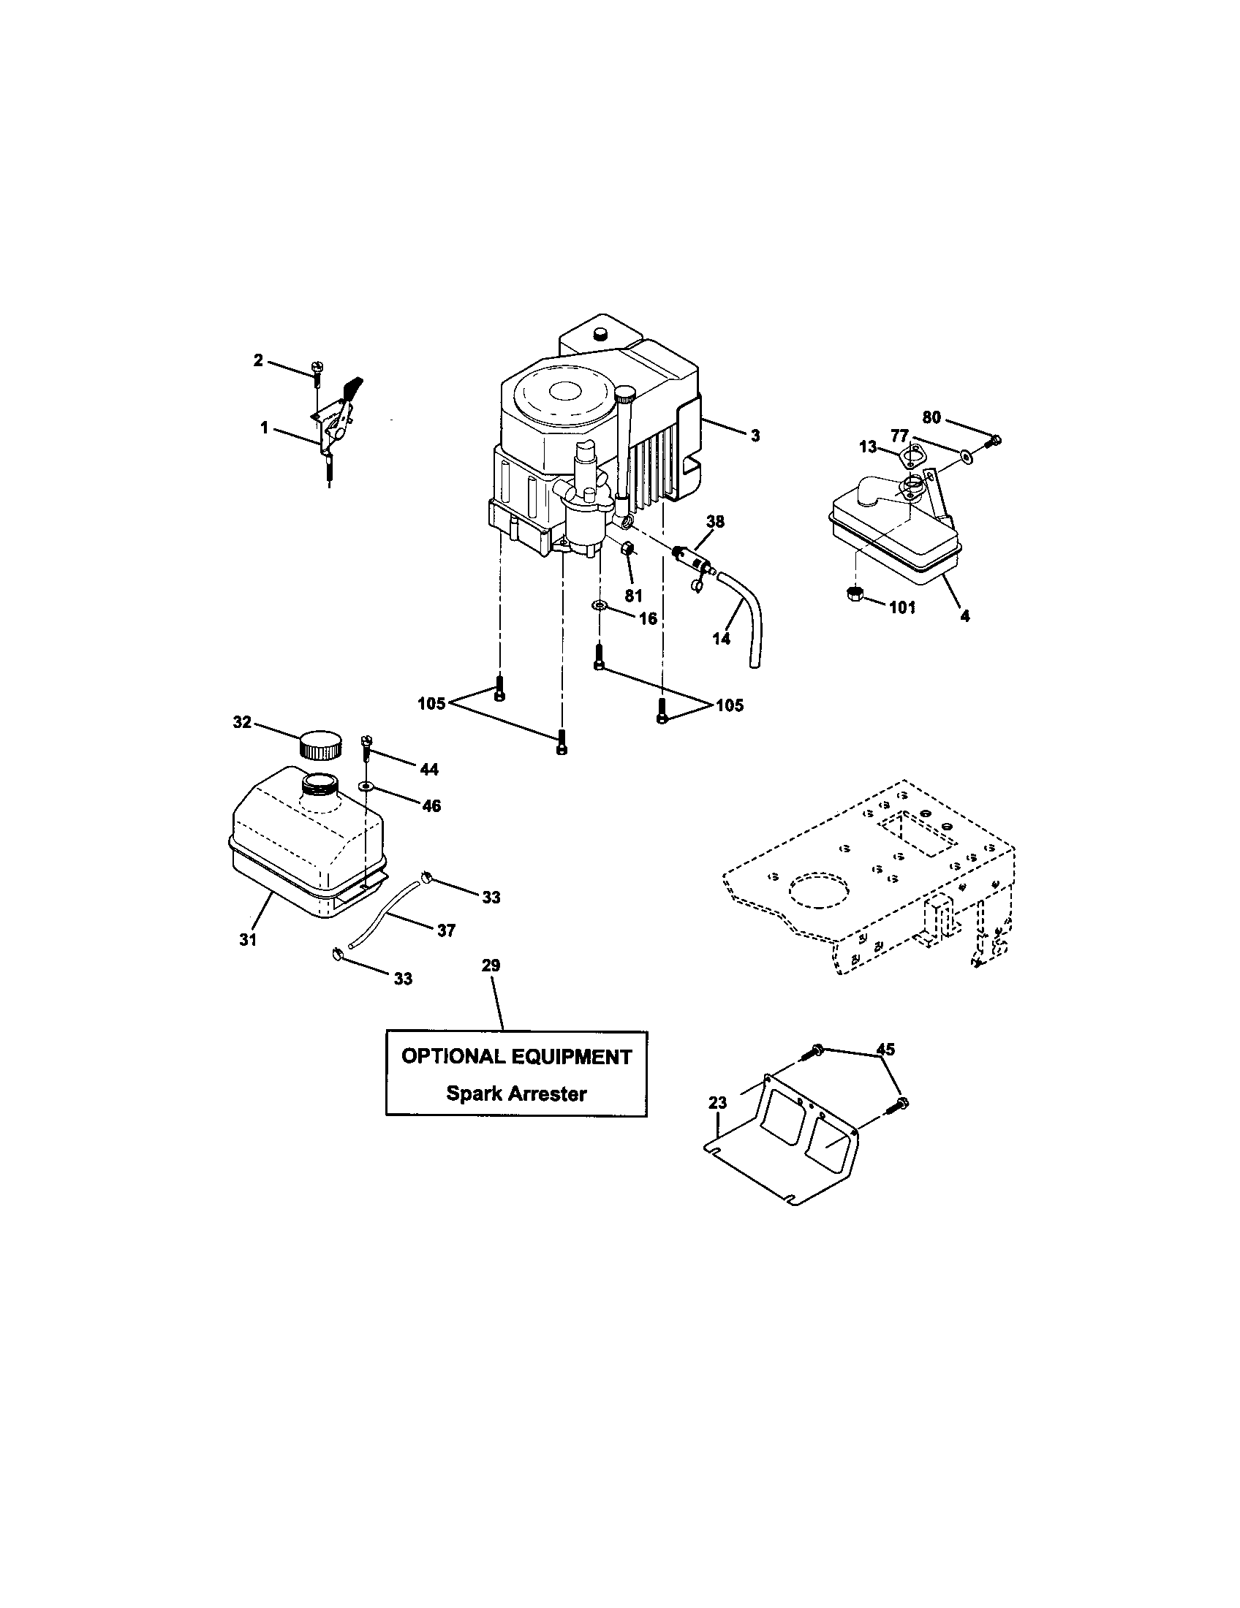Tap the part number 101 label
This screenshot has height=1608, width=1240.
901,607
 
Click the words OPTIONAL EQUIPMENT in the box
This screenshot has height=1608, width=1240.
516,1058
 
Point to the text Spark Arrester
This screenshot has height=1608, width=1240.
516,1093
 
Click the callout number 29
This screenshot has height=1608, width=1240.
491,966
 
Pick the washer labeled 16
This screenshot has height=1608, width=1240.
600,605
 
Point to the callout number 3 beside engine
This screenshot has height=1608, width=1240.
755,436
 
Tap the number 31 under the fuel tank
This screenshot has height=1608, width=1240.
248,939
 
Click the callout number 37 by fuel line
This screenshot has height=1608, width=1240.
446,930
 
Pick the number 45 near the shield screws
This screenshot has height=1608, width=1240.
885,1049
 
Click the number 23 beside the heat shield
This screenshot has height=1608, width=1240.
717,1103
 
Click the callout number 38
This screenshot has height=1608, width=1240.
715,522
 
